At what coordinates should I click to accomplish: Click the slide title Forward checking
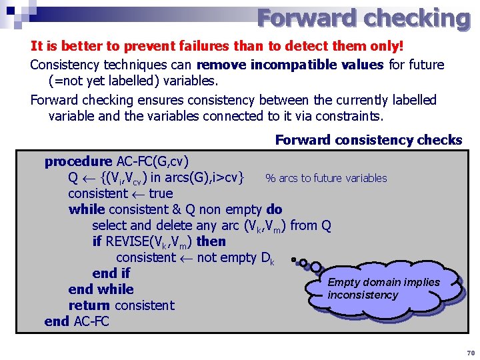[x=363, y=18]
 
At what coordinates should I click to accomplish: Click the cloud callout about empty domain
[x=383, y=289]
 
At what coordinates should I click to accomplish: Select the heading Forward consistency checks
[x=368, y=140]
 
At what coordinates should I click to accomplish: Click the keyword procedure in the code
[x=78, y=161]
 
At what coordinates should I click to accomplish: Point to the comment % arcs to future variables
[x=326, y=178]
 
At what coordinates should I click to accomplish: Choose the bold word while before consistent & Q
[x=87, y=209]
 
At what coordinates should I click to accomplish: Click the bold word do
[x=274, y=209]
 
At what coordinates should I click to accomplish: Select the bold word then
[x=211, y=241]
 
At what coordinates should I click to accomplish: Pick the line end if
[x=111, y=273]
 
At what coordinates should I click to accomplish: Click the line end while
[x=101, y=289]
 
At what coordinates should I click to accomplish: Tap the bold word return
[x=89, y=305]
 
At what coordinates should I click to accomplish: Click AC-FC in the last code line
[x=91, y=321]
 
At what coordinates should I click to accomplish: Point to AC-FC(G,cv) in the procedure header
[x=153, y=161]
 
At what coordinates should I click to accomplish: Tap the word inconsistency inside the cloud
[x=363, y=295]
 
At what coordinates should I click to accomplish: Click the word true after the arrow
[x=161, y=193]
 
